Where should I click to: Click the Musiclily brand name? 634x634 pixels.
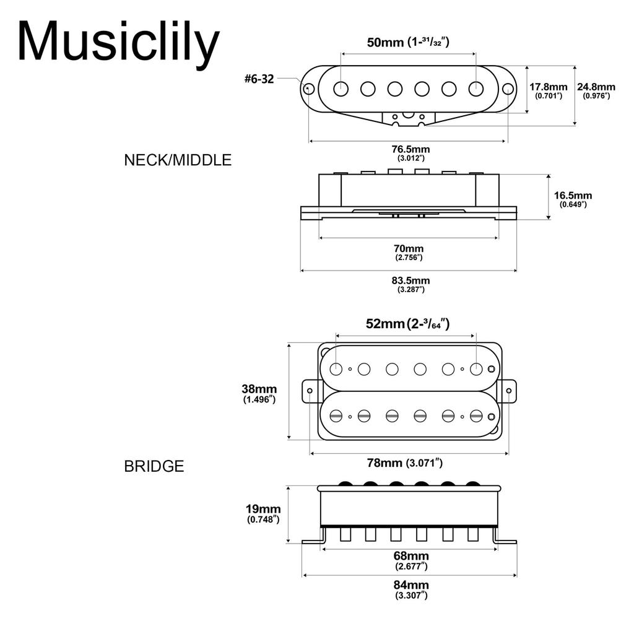point(118,42)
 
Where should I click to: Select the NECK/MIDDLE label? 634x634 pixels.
point(178,160)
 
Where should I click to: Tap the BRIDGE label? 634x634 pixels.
point(154,466)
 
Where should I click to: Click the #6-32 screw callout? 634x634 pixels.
point(259,79)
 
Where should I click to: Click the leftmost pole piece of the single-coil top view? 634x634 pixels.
point(341,89)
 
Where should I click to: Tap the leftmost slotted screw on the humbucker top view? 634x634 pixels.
point(336,415)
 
